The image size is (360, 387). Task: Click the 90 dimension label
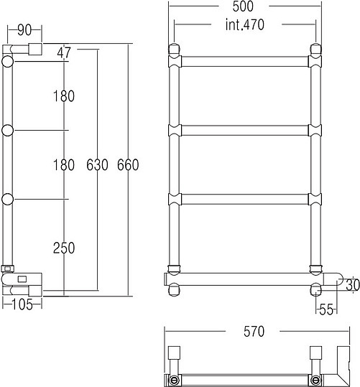24,30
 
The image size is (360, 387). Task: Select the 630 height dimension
97,164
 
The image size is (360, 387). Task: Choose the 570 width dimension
254,331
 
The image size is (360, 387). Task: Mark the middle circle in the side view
8,131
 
